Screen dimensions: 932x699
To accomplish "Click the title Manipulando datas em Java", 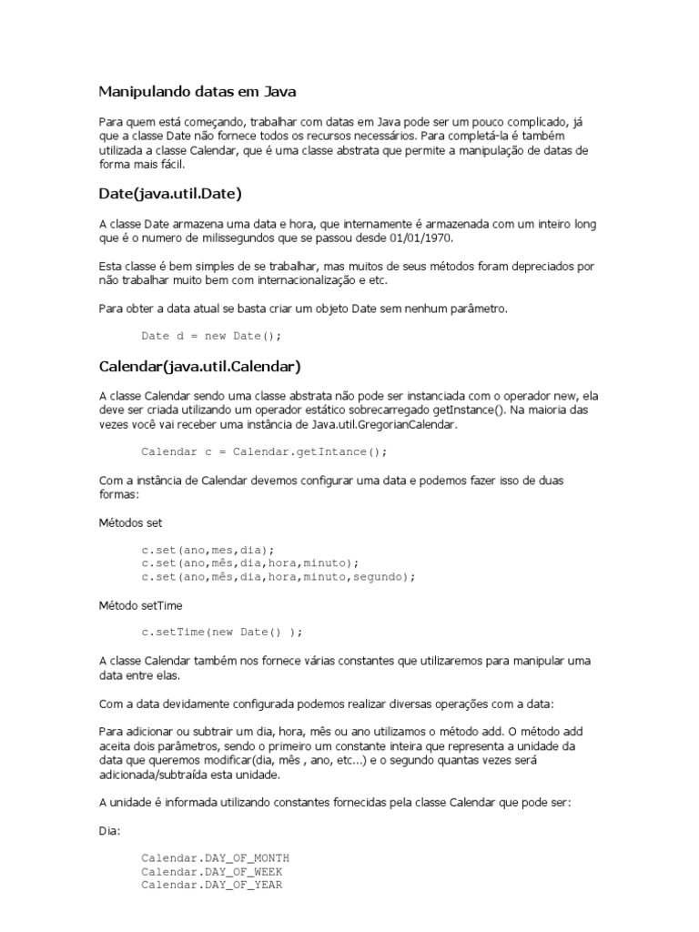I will (197, 92).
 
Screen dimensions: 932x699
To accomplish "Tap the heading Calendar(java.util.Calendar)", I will (199, 367).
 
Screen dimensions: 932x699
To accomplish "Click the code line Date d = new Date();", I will (211, 336).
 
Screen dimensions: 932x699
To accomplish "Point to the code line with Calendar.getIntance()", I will (264, 451).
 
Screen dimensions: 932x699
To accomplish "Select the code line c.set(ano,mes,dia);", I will (208, 550).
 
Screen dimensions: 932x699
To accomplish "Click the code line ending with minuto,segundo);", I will (278, 576).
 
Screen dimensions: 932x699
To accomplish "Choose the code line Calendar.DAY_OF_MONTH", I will (215, 858).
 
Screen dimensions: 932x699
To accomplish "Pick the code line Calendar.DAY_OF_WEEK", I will (211, 871).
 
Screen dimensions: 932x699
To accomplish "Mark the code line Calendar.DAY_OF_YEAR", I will (211, 884).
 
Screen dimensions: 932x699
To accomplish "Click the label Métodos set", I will (130, 523).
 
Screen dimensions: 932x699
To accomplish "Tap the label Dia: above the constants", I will (108, 832).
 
